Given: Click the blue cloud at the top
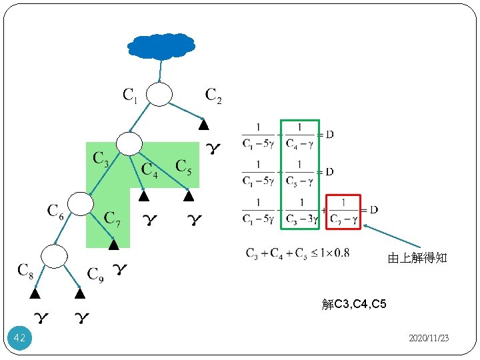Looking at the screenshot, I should [161, 45].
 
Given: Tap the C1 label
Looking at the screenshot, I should [130, 96].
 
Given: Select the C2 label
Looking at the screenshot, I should [213, 96].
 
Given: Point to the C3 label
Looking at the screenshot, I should [101, 159].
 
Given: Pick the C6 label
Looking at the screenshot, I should [56, 212].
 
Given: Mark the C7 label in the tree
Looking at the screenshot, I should [113, 219].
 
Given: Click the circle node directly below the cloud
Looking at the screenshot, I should [159, 95].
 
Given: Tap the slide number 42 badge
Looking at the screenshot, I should [19, 339].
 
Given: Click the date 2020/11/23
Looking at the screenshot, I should [429, 339].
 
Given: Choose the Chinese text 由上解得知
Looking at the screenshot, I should [417, 259].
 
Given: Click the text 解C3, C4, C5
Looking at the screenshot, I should [353, 305].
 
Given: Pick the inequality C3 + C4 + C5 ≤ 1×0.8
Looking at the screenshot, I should [297, 253].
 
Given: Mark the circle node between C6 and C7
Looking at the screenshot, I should [81, 203].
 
